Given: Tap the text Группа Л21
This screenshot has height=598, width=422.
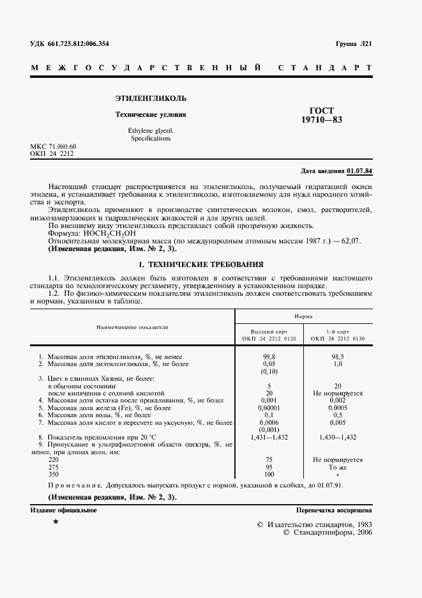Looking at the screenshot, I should coord(353,43).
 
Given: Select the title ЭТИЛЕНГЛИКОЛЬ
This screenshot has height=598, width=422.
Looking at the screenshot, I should coord(151,99).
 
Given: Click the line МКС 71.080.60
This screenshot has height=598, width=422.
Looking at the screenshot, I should coord(53,147).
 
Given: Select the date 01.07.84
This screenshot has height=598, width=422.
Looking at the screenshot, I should coord(360,171).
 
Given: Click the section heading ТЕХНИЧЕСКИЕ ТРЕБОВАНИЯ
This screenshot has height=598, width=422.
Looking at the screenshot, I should coord(207,264).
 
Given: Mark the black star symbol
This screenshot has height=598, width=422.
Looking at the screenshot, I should coord(56,522).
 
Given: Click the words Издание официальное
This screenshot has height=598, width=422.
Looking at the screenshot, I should coord(63,510).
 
